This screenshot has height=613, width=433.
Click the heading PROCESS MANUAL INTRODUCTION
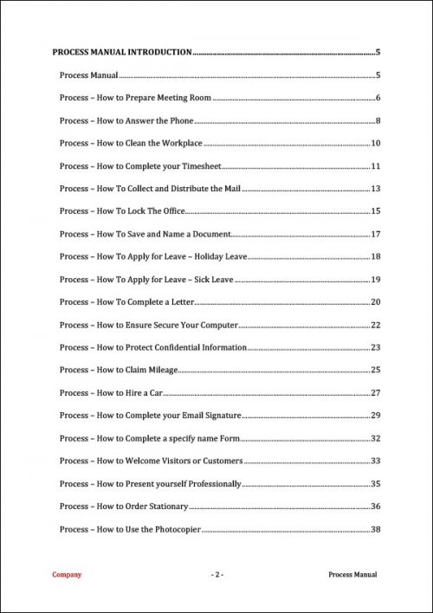(x=122, y=53)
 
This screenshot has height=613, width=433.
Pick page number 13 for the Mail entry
(x=376, y=188)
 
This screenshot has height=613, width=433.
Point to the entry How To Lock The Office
(x=123, y=210)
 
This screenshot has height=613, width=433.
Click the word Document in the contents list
(x=208, y=234)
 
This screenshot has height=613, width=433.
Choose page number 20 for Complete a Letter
(x=376, y=301)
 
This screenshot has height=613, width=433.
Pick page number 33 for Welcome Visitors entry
(x=376, y=461)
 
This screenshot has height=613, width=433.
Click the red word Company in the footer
(x=68, y=574)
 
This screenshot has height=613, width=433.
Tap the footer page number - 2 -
(x=217, y=574)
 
